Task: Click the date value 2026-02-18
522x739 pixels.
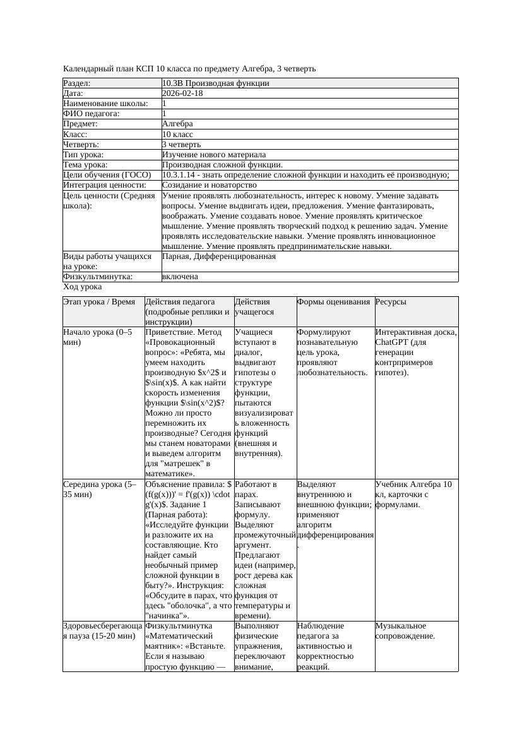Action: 182,93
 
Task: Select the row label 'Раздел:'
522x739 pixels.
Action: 77,83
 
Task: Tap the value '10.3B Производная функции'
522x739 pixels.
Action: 216,83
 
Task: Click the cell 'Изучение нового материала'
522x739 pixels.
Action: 214,155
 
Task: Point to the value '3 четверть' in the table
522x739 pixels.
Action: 182,145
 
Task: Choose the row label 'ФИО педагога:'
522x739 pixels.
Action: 92,114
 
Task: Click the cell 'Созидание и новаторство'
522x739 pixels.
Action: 210,185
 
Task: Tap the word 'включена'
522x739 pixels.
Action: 180,277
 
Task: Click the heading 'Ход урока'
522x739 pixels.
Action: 82,287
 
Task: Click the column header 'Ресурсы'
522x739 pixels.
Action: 391,302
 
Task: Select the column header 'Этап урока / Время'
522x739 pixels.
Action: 99,302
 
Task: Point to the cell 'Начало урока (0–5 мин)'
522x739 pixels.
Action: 98,337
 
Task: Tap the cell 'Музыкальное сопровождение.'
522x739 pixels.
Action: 405,630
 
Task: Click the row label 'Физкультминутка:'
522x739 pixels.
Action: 97,277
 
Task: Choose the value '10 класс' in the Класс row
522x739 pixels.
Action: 177,135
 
